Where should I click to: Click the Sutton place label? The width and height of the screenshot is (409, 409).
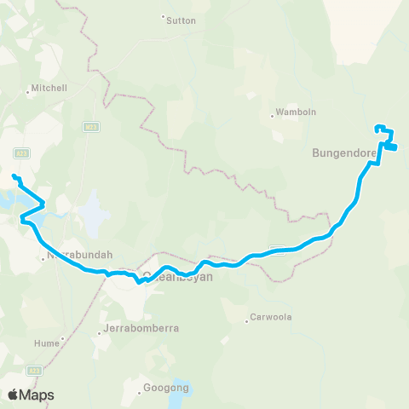181,20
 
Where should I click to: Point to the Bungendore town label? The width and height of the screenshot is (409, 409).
344,154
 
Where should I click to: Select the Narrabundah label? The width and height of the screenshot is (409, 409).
80,254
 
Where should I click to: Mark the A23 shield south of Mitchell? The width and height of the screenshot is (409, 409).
22,153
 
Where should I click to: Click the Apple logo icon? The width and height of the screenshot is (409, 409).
13,395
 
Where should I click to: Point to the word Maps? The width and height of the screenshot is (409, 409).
37,395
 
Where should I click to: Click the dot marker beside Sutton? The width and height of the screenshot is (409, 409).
163,16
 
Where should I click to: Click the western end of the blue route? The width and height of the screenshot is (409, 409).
14,176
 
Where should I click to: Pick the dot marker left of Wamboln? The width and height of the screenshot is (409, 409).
273,115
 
